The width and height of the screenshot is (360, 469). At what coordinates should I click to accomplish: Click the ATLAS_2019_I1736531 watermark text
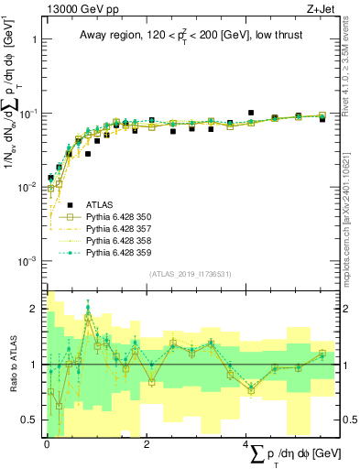[x=190, y=274]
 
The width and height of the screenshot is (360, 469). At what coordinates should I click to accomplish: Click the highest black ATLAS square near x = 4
[x=250, y=113]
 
